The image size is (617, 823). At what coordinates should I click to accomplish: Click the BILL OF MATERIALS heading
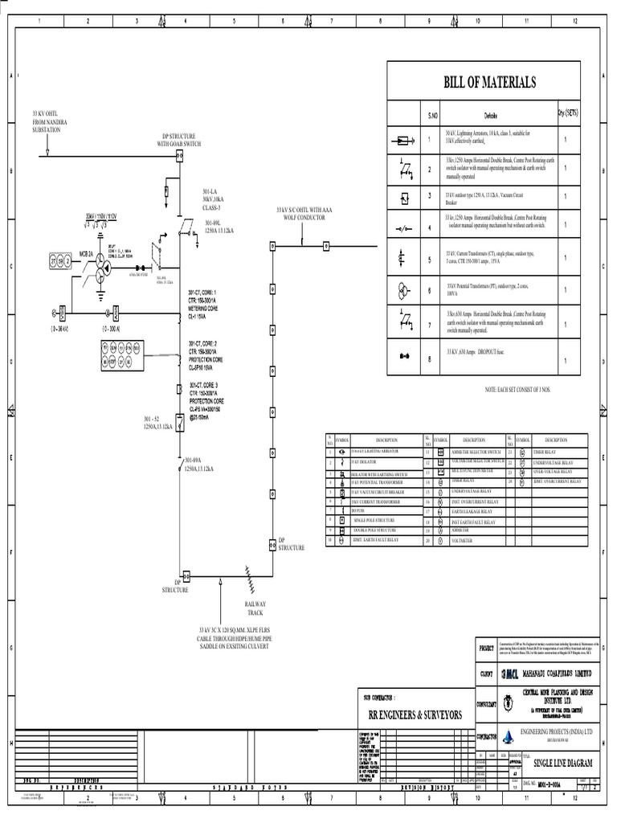(489, 83)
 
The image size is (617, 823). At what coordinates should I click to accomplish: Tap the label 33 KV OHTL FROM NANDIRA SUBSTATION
(50, 122)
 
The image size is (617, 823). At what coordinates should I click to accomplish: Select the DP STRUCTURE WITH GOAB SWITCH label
(180, 141)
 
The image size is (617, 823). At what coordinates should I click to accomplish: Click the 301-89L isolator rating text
(219, 227)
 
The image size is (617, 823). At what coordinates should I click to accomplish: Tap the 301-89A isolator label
(198, 465)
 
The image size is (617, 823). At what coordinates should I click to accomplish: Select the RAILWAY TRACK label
(255, 608)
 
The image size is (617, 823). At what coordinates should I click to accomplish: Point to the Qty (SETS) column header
(567, 114)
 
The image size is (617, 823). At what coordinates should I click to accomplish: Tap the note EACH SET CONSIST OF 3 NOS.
(517, 390)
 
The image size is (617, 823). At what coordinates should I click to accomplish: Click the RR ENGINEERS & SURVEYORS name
(415, 714)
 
